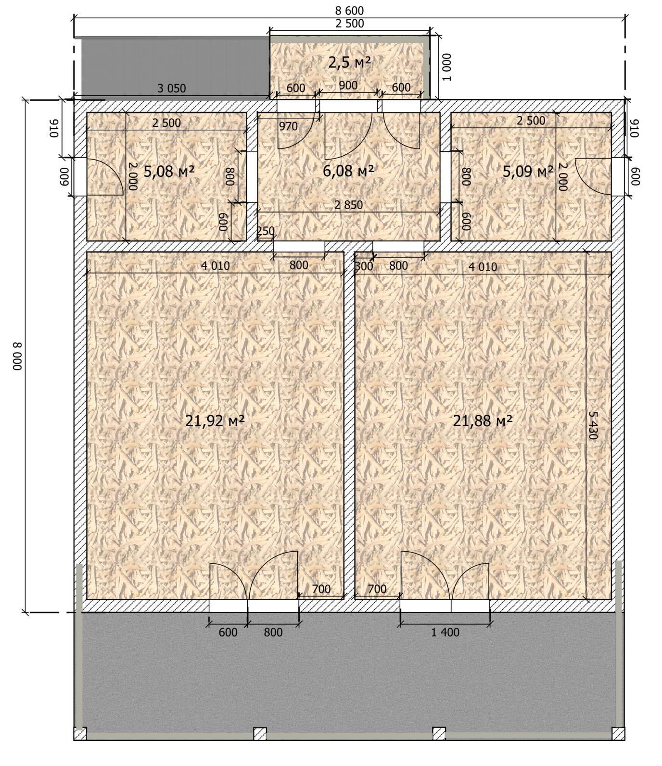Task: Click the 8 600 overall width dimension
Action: pos(350,11)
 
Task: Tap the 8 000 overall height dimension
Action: pos(17,356)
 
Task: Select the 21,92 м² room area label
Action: pos(215,421)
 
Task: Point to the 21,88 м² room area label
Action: pos(483,421)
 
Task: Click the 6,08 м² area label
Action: pos(348,171)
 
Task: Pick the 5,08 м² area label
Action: pos(169,171)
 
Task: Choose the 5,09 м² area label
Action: pos(528,171)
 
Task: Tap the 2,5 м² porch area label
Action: pos(350,62)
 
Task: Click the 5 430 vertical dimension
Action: pos(593,425)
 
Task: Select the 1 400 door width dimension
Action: pos(445,632)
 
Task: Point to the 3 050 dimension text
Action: pos(172,88)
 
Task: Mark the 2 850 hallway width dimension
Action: pos(349,205)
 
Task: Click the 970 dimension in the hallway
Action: pos(288,126)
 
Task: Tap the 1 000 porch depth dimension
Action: pos(446,67)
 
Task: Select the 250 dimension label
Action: pos(265,231)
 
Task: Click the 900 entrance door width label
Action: pos(348,86)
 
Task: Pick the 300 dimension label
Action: pos(364,266)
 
